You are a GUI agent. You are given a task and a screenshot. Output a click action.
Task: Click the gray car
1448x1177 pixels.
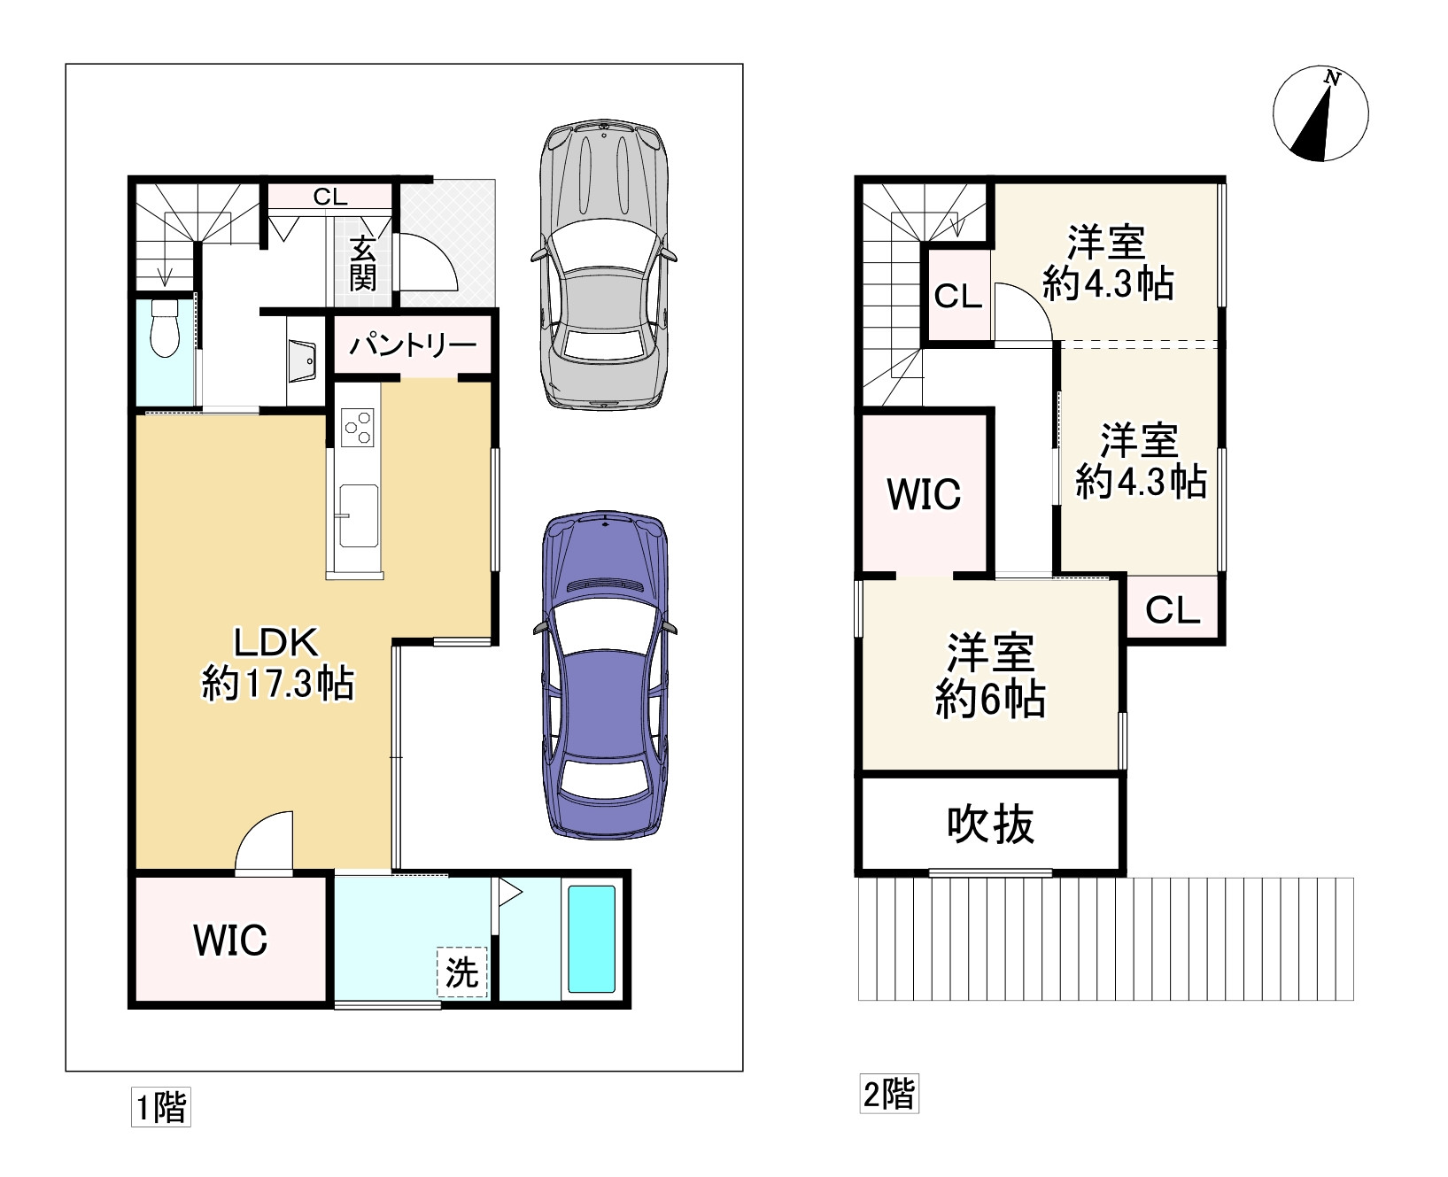(x=605, y=264)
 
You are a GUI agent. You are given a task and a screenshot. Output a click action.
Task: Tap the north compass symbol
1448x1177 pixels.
(x=1320, y=115)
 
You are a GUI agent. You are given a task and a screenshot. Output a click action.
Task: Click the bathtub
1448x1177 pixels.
(x=592, y=938)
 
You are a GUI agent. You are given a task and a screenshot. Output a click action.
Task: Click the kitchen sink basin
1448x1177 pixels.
(x=357, y=515)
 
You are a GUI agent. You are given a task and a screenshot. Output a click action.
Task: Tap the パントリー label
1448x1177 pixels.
(x=413, y=345)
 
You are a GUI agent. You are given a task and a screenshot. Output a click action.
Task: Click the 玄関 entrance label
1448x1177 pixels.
(x=363, y=263)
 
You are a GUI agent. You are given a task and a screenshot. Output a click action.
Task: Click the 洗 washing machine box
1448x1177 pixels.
(x=461, y=972)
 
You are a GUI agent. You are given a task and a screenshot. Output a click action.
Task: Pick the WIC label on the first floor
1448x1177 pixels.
(x=230, y=940)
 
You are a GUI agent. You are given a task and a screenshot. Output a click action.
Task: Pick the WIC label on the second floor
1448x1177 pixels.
(x=924, y=493)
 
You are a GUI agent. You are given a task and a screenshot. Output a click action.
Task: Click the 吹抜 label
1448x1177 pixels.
(x=991, y=824)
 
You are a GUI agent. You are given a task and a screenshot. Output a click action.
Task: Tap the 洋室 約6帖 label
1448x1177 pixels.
(x=991, y=676)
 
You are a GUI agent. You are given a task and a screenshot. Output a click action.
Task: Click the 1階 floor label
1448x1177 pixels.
(x=161, y=1107)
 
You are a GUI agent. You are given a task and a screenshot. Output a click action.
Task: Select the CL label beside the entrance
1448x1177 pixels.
(x=329, y=197)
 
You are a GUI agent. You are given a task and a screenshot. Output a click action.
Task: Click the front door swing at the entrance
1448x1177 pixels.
(x=429, y=262)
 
